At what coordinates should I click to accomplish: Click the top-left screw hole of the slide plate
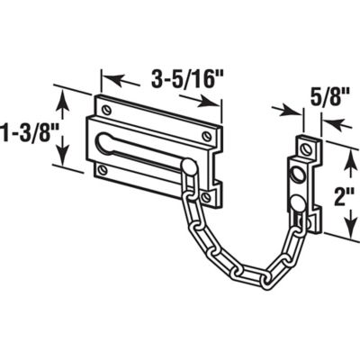coord(107,111)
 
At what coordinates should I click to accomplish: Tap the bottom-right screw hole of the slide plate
coord(205,193)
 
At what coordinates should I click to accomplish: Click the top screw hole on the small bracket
coord(303,144)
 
